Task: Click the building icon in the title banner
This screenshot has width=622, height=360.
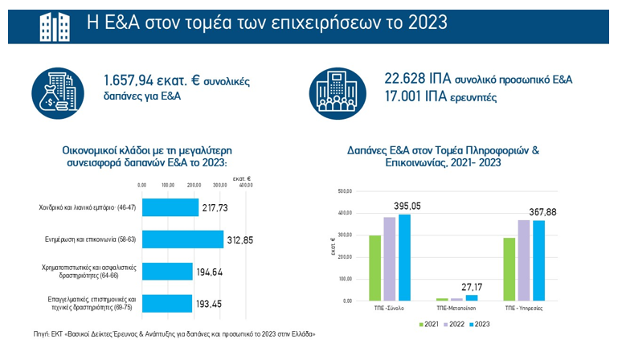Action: pos(55,23)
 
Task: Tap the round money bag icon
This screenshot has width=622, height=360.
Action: pos(58,88)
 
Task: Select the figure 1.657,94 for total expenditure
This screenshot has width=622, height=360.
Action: pos(130,80)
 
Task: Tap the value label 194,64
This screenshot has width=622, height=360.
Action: pos(211,272)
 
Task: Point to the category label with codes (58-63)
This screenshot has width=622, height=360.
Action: pos(88,239)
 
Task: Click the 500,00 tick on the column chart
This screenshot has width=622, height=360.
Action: pos(345,191)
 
